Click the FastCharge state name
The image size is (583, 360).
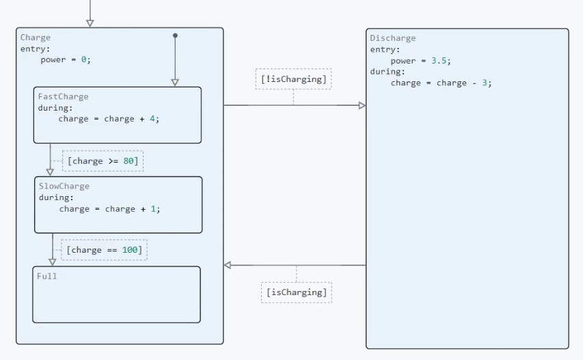63,96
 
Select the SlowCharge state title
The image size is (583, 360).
64,186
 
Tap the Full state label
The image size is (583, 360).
47,276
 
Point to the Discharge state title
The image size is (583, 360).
392,38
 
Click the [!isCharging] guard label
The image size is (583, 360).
293,79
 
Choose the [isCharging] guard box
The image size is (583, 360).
297,292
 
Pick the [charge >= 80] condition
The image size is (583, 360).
103,161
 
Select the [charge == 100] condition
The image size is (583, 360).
104,250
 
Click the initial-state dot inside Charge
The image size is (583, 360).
175,36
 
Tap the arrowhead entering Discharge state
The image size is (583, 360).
362,105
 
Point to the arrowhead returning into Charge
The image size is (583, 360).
227,265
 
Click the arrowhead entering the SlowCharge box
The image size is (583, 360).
50,172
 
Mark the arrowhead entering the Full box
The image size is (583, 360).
53,262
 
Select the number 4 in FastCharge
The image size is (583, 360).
152,119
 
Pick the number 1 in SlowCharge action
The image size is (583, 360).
153,209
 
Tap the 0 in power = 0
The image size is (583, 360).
83,60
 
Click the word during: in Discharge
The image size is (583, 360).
388,72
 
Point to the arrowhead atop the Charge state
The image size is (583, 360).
90,23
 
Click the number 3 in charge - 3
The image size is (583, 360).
485,83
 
